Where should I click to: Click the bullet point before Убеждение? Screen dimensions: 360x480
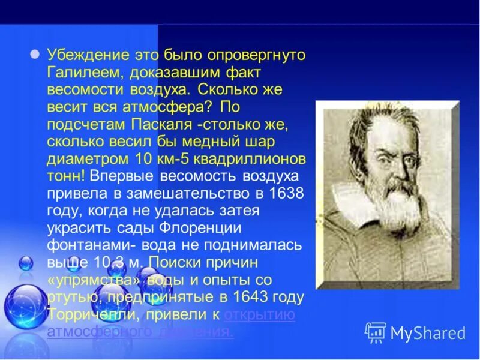click(35, 53)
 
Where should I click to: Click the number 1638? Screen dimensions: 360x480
click(284, 194)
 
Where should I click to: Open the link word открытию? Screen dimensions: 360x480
click(259, 315)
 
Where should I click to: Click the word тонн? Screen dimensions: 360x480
click(65, 177)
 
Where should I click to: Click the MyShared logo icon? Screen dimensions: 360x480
click(376, 332)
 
